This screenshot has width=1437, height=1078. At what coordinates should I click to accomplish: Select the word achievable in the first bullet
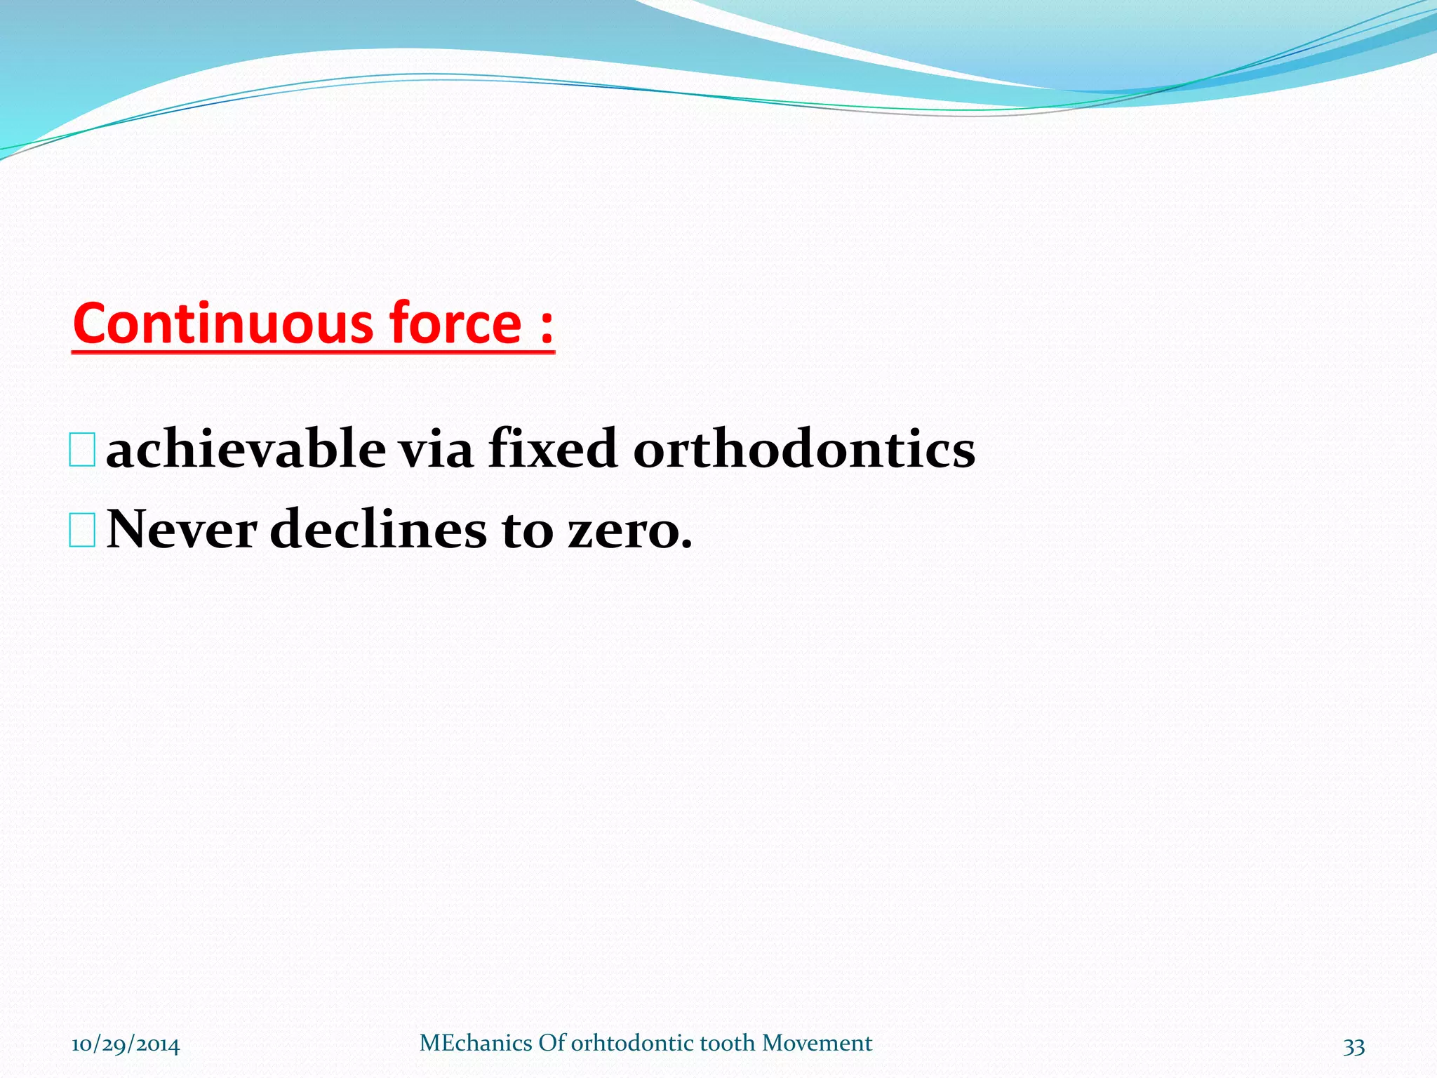coord(246,449)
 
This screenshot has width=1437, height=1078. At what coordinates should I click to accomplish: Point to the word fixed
coord(552,449)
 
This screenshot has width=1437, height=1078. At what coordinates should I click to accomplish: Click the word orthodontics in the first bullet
coord(804,449)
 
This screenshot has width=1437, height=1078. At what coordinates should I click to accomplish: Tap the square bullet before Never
coord(83,531)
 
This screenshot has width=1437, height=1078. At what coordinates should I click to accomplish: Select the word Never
coord(182,529)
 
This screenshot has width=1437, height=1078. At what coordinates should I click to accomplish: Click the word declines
coord(377,529)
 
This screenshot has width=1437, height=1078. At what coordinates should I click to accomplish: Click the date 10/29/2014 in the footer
coord(126,1044)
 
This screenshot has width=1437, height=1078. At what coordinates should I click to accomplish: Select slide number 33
coord(1354,1046)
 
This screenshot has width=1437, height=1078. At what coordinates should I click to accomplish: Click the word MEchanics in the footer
coord(476,1043)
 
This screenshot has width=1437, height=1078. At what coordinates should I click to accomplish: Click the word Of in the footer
coord(552,1043)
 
